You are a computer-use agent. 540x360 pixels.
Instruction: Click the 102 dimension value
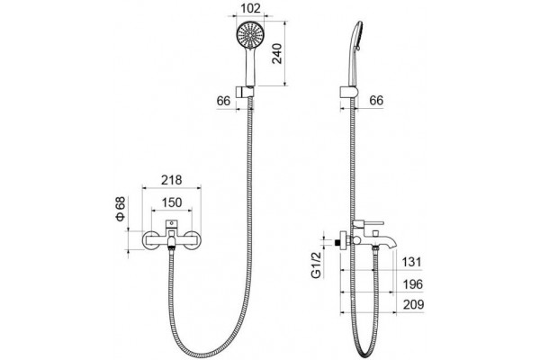coord(251,8)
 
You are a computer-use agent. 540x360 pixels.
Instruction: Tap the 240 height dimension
coord(277,53)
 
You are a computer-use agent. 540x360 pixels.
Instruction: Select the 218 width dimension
coord(172,180)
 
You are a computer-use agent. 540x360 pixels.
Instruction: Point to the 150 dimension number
coord(172,202)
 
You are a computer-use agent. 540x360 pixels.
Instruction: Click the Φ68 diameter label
coord(121,209)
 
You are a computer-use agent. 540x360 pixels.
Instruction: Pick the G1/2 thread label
coord(316,265)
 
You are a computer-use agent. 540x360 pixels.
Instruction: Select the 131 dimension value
coord(412,262)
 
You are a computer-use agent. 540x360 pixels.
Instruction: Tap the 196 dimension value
coord(412,284)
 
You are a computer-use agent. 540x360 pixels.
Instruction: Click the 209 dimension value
coord(413,304)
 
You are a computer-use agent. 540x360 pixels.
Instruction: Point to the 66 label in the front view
coord(223,101)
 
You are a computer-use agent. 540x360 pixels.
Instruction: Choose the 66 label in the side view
coord(376,100)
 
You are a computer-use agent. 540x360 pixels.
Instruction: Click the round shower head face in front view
coord(249,34)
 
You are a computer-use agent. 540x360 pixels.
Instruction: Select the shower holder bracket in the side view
coord(349,93)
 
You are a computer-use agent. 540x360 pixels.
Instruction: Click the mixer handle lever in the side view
coord(368,223)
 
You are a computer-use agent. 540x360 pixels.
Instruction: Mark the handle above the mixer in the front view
coord(171,224)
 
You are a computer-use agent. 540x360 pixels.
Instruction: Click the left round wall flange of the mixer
coord(151,239)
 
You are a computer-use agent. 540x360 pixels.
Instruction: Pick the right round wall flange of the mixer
coord(192,239)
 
